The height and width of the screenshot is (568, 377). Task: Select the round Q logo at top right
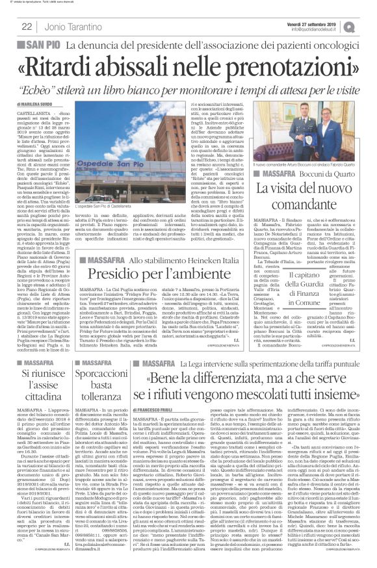coord(368,25)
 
